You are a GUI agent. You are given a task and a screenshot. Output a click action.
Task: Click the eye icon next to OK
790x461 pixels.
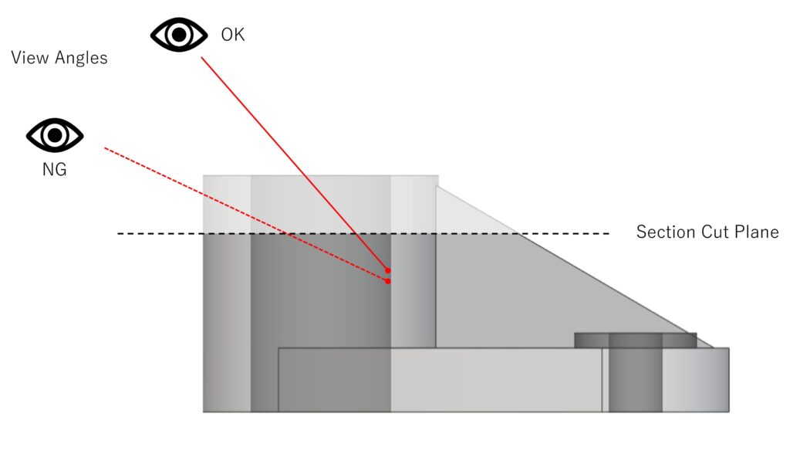click(x=179, y=35)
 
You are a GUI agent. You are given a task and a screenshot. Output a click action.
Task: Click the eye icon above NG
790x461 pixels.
click(x=55, y=135)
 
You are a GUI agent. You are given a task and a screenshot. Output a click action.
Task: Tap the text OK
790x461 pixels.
click(x=233, y=35)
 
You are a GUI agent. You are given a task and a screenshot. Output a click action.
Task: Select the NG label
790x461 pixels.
click(x=55, y=169)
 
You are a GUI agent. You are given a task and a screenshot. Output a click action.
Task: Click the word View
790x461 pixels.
click(x=30, y=57)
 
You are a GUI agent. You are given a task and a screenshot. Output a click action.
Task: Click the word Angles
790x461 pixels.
click(x=81, y=58)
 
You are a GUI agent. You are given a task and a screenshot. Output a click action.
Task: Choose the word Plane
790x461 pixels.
click(x=757, y=232)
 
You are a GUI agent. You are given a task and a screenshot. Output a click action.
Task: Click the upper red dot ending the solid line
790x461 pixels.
click(x=388, y=271)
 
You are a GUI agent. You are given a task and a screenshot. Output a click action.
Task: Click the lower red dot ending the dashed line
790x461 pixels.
click(x=387, y=281)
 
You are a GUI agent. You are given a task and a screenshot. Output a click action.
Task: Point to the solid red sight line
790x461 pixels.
click(x=295, y=164)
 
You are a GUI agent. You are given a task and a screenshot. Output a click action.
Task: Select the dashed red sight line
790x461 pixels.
click(x=246, y=215)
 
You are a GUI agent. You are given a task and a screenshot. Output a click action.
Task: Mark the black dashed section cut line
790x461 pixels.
click(x=363, y=233)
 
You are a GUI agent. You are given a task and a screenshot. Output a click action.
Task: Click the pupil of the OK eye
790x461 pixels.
click(x=179, y=35)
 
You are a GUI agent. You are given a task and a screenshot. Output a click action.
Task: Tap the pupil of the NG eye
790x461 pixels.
click(x=55, y=135)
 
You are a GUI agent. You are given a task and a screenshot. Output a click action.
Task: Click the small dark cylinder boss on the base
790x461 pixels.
click(x=636, y=341)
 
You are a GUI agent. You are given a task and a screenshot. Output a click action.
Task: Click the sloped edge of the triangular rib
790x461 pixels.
click(x=574, y=267)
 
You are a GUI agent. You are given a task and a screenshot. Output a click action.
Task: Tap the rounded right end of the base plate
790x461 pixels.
click(x=696, y=380)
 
